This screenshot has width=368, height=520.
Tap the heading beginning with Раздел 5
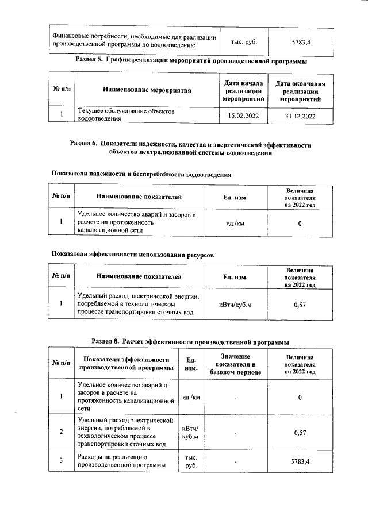click(191, 60)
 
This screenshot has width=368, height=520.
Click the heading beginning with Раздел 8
click(190, 341)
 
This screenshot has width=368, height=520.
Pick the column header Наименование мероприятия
click(147, 90)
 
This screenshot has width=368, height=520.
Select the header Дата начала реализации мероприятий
click(244, 91)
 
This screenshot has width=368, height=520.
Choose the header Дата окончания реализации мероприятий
click(300, 91)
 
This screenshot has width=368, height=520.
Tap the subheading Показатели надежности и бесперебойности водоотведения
click(141, 174)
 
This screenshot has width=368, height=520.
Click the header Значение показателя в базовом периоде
click(235, 364)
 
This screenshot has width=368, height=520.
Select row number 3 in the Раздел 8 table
click(62, 460)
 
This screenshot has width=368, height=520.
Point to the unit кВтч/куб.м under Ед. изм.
click(235, 304)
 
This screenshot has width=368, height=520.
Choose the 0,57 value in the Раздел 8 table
click(300, 432)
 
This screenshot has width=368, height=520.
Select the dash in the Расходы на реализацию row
click(235, 461)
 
